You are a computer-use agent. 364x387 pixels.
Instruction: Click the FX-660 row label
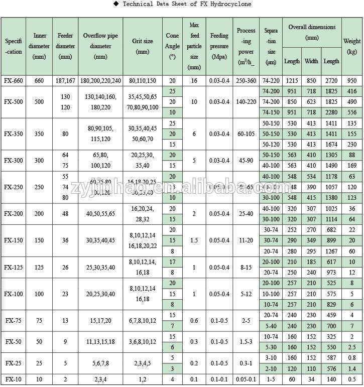14,80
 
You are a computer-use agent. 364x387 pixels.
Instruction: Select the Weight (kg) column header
352,46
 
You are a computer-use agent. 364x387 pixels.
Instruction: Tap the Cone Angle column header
172,46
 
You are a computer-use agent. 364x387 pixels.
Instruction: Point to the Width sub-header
311,61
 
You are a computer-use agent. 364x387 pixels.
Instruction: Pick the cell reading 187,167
65,80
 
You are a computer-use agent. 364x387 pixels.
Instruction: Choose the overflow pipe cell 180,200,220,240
100,80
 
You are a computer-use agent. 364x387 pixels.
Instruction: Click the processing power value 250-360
246,80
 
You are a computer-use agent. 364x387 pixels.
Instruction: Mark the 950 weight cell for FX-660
352,80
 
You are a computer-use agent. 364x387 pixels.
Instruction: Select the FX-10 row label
14,379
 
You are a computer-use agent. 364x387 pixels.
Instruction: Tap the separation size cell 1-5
271,379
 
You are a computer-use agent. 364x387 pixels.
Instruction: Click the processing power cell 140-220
246,102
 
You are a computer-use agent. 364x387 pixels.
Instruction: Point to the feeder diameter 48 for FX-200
65,213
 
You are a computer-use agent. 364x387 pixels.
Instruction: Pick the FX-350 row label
14,134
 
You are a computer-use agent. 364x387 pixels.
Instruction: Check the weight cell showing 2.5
352,347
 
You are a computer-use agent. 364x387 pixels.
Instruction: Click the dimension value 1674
331,145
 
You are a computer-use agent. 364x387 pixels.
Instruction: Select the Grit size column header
143,46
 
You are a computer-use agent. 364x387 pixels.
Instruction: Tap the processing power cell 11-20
246,240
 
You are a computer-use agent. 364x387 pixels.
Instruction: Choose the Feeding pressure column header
219,46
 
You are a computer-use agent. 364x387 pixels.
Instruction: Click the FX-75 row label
14,321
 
